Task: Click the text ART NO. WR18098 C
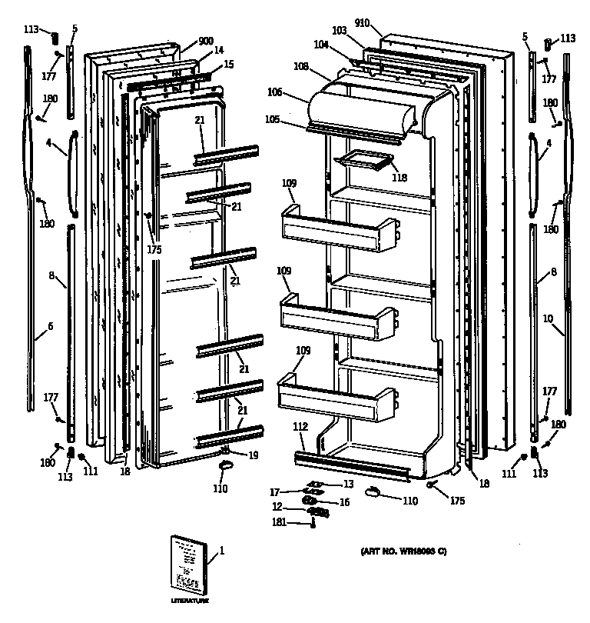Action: coord(403,551)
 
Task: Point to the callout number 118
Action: coord(399,177)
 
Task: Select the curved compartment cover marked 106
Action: coord(361,105)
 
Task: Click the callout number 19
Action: coord(253,455)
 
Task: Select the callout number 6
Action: coord(50,326)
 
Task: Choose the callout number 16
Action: coord(344,501)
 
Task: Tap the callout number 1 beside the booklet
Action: coord(222,551)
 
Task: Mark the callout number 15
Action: coord(229,64)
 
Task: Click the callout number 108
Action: coord(301,67)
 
